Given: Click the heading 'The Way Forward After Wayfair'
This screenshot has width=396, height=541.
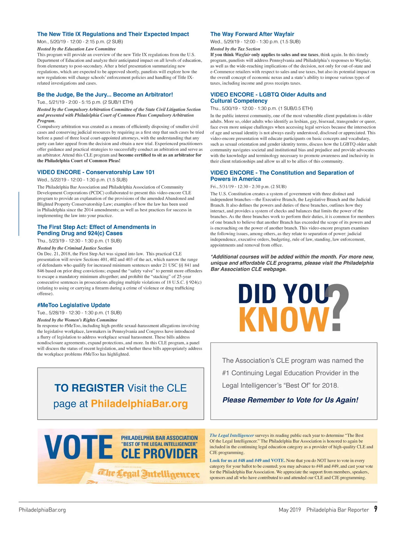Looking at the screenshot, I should [252, 34].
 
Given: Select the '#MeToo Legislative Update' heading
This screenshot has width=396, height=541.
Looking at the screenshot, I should [74, 305].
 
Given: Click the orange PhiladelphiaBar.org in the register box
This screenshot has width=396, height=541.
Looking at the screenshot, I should [139, 404].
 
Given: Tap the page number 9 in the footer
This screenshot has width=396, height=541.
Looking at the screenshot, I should [376, 509].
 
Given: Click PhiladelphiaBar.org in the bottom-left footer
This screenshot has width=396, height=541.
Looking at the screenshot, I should [42, 510].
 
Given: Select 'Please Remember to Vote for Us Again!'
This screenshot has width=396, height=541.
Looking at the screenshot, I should [290, 400].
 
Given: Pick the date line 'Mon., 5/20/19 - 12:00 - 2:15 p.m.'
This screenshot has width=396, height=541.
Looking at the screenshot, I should [80, 42].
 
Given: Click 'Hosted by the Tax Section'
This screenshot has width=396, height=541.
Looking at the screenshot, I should [235, 49].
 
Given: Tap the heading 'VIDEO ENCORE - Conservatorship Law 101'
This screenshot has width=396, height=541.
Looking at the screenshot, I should [96, 172].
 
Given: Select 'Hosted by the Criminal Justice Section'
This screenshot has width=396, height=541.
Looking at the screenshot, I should [74, 248].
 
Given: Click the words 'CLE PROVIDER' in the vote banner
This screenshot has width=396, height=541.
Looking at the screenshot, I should [159, 454].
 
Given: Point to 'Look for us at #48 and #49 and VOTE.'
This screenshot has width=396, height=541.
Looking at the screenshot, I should [247, 460].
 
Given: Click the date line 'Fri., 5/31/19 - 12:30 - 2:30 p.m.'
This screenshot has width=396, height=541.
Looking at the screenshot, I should [248, 187].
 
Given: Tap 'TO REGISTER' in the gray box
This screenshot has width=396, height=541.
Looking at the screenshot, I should [89, 388].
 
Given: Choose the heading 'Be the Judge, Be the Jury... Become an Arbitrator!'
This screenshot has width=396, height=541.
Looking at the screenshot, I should [105, 94].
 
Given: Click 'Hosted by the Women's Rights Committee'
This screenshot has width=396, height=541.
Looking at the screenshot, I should [77, 320].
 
